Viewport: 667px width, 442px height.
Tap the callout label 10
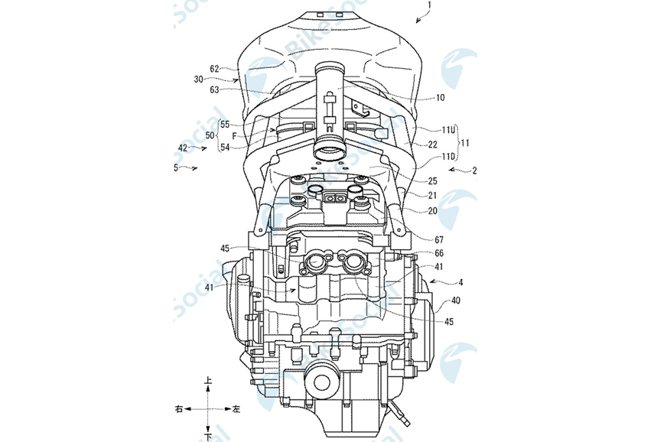click(x=441, y=97)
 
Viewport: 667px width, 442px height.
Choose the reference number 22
click(x=432, y=143)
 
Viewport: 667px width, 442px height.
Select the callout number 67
click(x=439, y=240)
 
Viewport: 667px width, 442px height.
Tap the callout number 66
click(x=439, y=253)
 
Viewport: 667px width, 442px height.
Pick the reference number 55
click(x=225, y=124)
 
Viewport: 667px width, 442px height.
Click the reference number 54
click(x=225, y=147)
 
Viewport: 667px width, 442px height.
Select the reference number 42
click(x=182, y=147)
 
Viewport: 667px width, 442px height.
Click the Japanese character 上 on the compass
click(x=207, y=380)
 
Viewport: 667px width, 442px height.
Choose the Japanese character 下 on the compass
click(x=207, y=436)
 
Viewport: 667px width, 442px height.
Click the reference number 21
click(x=432, y=196)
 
